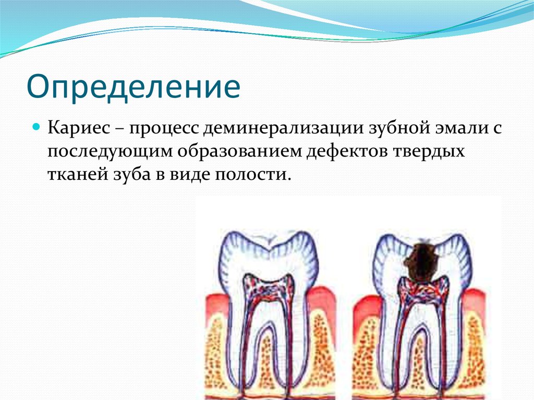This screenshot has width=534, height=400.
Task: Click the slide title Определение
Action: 133,87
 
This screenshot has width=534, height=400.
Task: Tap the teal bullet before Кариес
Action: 37,127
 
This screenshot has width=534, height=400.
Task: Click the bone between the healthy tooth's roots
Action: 266,360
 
